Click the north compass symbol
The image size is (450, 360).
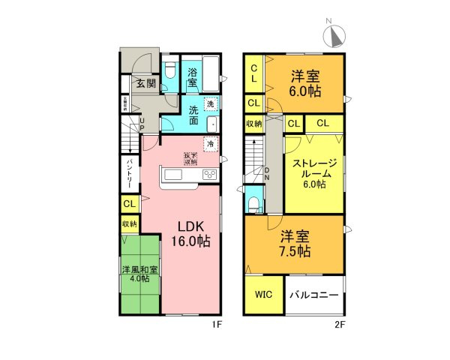335,35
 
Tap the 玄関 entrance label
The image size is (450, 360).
145,83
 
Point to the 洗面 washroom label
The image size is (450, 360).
193,115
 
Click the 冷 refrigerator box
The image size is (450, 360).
211,142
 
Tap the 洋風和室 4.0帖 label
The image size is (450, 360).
141,274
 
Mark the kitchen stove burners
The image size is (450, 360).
209,175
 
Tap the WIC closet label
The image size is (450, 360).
264,295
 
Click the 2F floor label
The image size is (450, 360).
340,324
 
